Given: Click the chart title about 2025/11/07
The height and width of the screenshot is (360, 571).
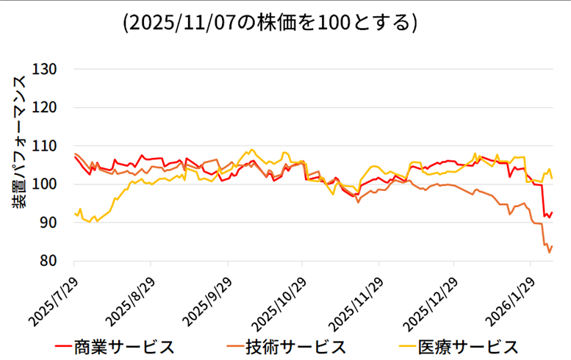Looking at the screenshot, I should pyautogui.click(x=270, y=23).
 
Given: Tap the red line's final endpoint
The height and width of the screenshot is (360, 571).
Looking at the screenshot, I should pyautogui.click(x=552, y=212).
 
